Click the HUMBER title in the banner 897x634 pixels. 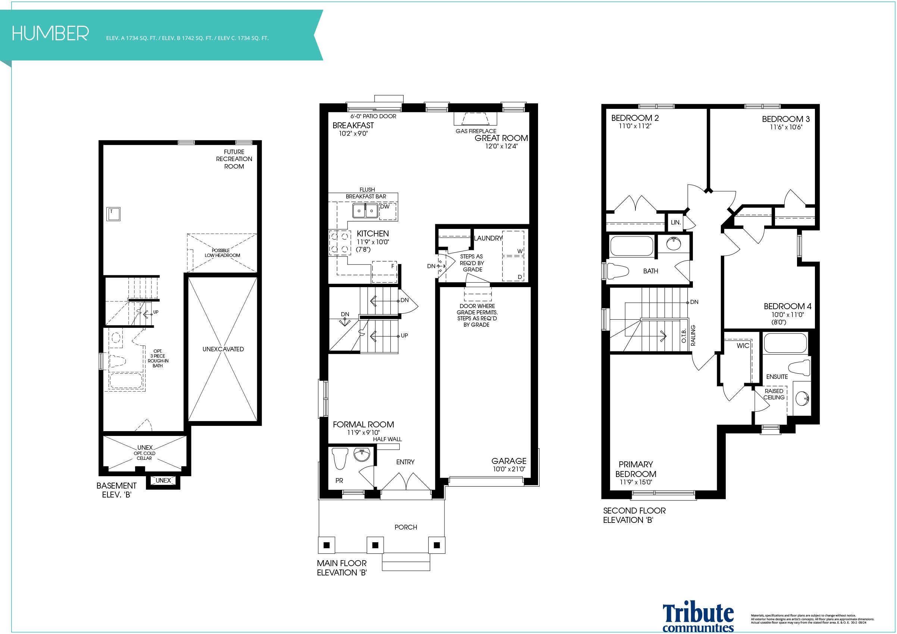coord(50,34)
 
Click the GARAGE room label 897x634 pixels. coord(509,461)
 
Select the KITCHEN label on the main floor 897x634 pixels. coord(373,233)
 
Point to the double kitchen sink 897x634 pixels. coord(365,211)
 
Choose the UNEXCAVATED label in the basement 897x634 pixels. coord(223,349)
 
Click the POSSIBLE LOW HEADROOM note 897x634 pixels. coord(222,253)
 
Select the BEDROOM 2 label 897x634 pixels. coord(635,118)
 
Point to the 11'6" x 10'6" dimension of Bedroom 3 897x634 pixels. coord(786,127)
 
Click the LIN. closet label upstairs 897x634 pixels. coord(676,223)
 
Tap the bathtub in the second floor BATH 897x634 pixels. coord(631,247)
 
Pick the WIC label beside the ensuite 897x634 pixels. coord(743,345)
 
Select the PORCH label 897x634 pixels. coord(406,527)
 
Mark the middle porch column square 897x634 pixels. coord(375,545)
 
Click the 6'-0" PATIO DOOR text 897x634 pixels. coord(373,116)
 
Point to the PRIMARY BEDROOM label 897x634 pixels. coord(636,469)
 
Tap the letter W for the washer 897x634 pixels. coord(520,251)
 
